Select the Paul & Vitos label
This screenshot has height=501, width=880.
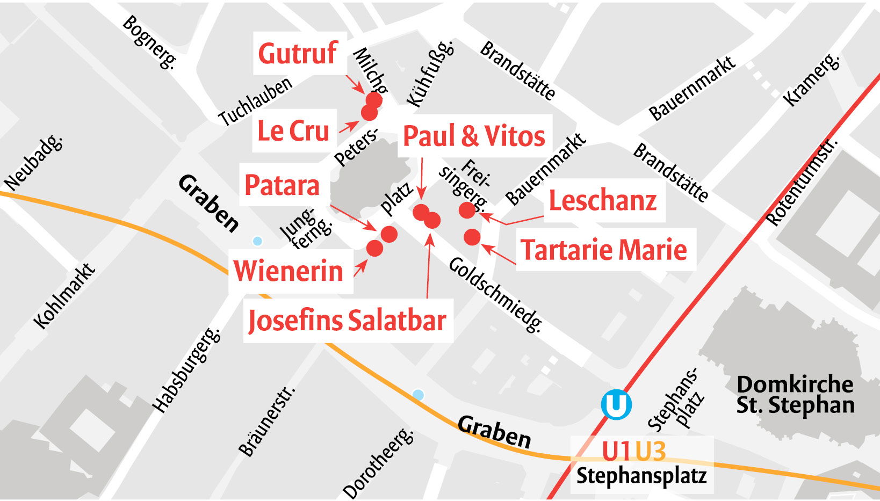pos(474,136)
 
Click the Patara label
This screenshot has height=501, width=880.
pos(282,186)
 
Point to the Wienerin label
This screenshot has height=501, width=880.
pos(288,271)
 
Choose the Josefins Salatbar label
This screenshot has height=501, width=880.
pos(347,321)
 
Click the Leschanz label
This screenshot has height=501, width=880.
pos(602,201)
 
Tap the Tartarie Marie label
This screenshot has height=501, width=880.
pos(604,250)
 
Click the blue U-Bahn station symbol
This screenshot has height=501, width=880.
pos(616,404)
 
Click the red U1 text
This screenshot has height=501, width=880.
pos(616,451)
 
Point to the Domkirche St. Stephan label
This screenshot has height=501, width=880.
pos(795,395)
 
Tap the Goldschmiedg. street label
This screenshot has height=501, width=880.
pos(495,294)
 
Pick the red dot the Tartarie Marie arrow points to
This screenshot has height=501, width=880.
pos(472,237)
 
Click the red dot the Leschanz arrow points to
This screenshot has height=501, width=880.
pos(467,210)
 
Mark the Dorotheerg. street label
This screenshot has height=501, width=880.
pos(379,462)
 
